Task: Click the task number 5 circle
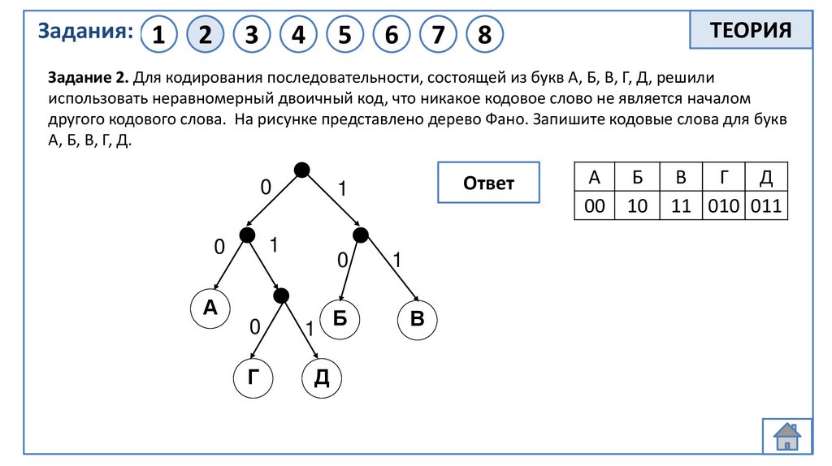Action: (x=344, y=35)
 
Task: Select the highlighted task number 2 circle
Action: (x=205, y=35)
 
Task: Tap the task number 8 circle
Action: (x=484, y=35)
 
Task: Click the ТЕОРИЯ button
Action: (x=750, y=32)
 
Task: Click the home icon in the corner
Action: (x=787, y=435)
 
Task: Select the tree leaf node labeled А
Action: (x=210, y=308)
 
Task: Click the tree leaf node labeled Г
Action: (x=253, y=377)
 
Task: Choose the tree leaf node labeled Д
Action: (x=322, y=377)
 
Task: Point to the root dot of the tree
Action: (x=301, y=170)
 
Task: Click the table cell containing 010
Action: (x=724, y=206)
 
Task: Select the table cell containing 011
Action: (x=766, y=206)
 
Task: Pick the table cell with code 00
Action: (x=595, y=206)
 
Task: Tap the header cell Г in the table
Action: (x=724, y=178)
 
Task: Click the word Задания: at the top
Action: (x=85, y=32)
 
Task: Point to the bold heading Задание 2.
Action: (x=88, y=78)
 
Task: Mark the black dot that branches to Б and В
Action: (x=361, y=235)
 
